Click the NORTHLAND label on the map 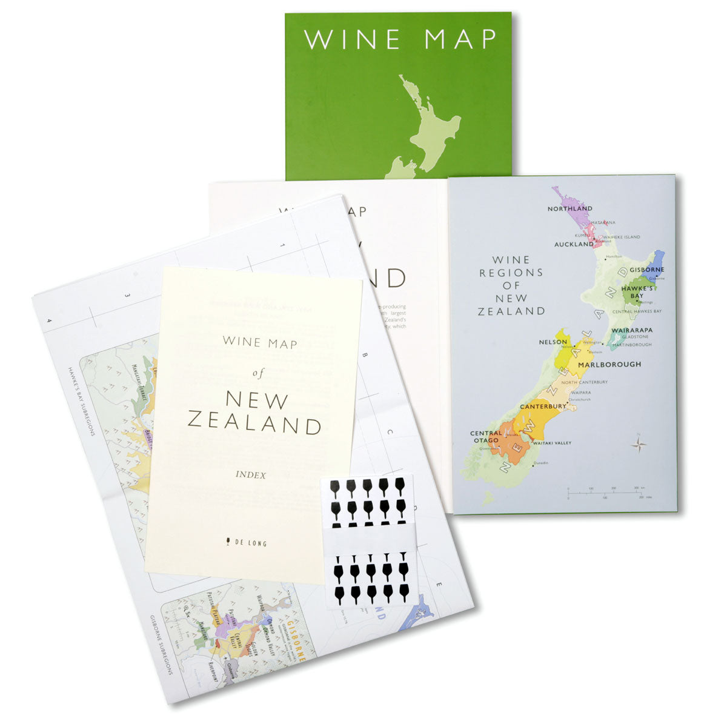(569, 209)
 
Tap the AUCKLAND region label (574, 245)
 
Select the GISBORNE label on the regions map (646, 270)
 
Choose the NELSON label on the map (553, 342)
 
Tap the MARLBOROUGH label (609, 365)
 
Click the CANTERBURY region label (543, 407)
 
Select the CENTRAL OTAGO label (486, 437)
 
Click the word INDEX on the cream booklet (250, 476)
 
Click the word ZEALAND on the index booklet (254, 423)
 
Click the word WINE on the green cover (352, 39)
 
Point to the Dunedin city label (540, 463)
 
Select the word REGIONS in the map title (511, 273)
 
